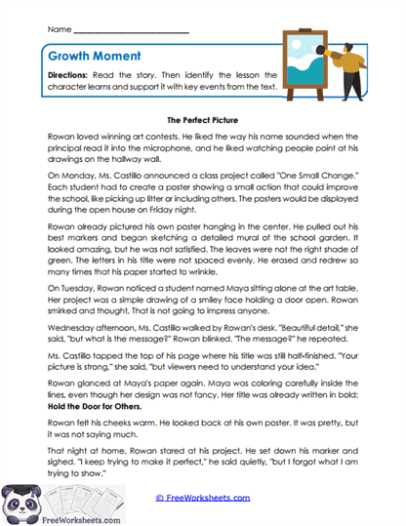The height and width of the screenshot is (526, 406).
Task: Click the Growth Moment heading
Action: tap(92, 57)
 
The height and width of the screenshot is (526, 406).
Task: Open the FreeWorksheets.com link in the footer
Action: tap(206, 497)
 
